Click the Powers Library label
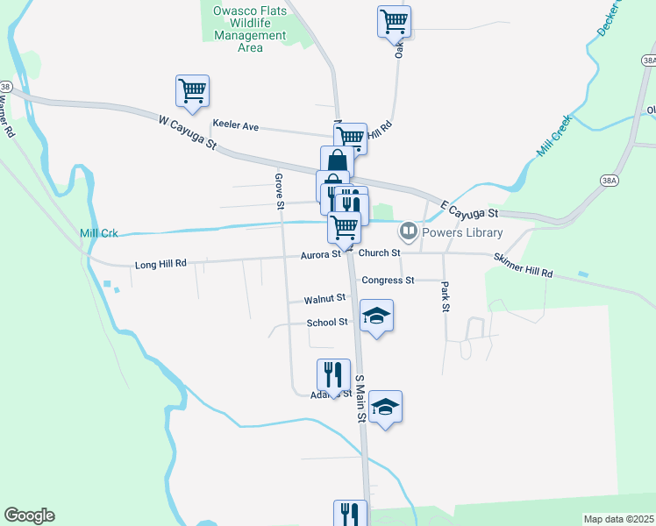click(462, 232)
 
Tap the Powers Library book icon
click(408, 232)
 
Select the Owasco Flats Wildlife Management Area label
click(250, 30)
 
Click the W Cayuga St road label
click(188, 132)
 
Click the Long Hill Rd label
click(160, 263)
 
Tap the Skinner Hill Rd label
click(523, 267)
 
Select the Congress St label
click(388, 281)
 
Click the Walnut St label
click(324, 299)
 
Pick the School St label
click(327, 323)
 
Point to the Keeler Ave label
click(235, 125)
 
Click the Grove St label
click(279, 192)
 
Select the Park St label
click(446, 297)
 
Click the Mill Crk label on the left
click(98, 233)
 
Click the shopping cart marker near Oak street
click(394, 20)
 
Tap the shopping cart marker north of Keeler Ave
click(192, 89)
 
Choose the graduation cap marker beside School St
click(376, 316)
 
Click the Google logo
click(29, 515)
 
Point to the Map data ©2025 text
click(617, 519)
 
